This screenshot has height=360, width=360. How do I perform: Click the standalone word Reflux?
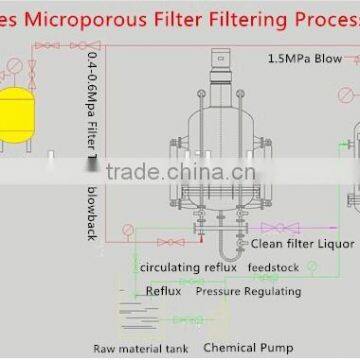(164, 292)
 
